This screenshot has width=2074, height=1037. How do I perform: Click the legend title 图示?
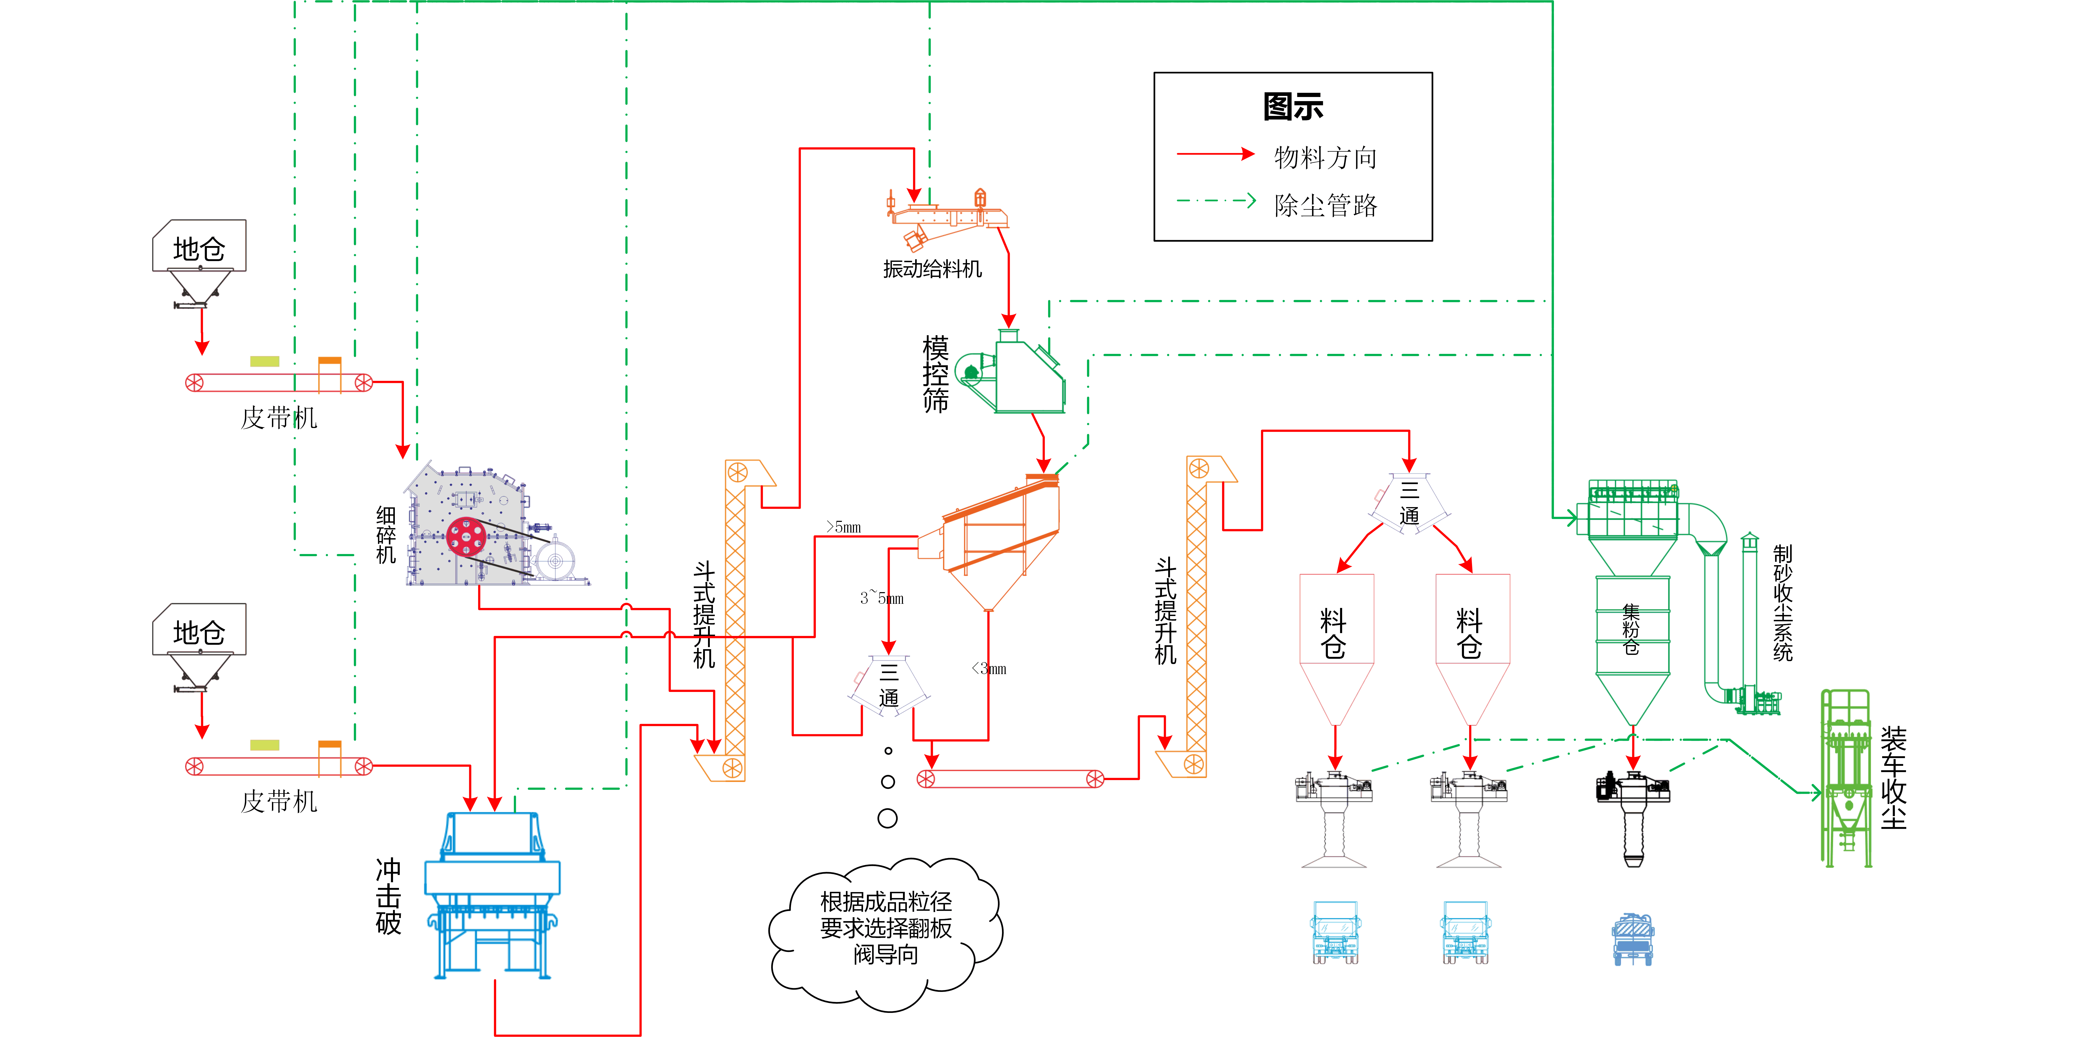[1293, 106]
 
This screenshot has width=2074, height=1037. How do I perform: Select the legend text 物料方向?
[1325, 157]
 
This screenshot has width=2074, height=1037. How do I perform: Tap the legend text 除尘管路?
[1325, 205]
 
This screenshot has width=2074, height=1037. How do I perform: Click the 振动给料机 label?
[932, 269]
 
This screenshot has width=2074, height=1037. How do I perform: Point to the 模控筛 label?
[936, 374]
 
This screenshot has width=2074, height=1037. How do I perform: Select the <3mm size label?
[990, 668]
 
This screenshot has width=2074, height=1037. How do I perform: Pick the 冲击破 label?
[388, 896]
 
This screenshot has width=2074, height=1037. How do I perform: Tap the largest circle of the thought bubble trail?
[887, 818]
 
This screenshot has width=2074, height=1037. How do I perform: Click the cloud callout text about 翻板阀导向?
[886, 928]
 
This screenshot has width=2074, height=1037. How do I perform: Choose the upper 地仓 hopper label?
[199, 249]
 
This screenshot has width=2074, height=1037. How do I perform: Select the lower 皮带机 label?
[279, 801]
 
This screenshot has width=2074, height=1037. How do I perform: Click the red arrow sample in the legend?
[1216, 154]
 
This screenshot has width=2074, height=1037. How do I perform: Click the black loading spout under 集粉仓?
[1633, 817]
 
